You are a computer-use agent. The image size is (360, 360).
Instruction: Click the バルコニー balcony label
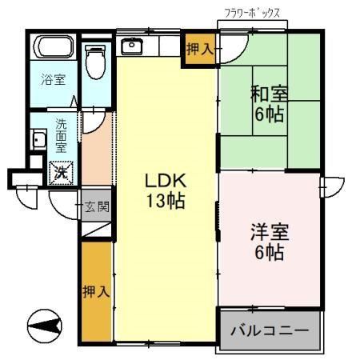(x=270, y=330)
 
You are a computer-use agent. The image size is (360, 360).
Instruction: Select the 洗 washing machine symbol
(x=60, y=171)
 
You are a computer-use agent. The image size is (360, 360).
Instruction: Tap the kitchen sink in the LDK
(x=130, y=46)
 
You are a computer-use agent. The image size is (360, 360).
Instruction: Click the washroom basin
(x=37, y=142)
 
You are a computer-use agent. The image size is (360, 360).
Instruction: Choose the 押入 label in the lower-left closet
(x=96, y=292)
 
